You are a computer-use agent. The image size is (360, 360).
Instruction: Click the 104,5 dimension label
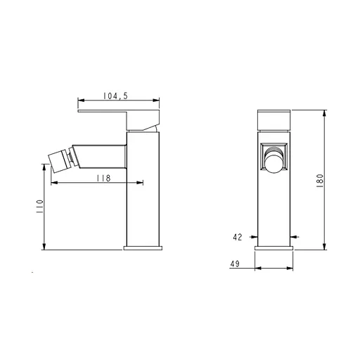[x=115, y=96]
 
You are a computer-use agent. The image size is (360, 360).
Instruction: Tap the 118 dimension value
[x=103, y=178]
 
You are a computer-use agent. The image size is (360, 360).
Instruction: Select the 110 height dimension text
[x=39, y=206]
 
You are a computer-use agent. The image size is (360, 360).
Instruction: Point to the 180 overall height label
[x=320, y=181]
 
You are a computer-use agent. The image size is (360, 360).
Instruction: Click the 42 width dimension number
[x=238, y=237]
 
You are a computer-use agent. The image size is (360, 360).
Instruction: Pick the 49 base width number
[x=235, y=264]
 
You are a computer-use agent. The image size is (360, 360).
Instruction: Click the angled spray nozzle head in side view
[x=58, y=162]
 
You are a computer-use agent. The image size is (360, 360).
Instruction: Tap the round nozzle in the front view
[x=274, y=163]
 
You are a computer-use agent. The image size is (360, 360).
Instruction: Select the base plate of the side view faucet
[x=143, y=248]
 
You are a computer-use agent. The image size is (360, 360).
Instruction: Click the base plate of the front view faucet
[x=274, y=248]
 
